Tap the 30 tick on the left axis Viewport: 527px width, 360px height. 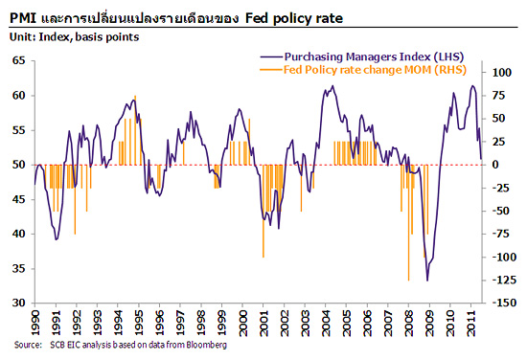tap(19, 303)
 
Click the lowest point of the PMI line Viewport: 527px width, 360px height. tap(427, 280)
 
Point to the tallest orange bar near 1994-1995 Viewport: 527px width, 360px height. tap(135, 130)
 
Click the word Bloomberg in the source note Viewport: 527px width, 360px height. tap(207, 345)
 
